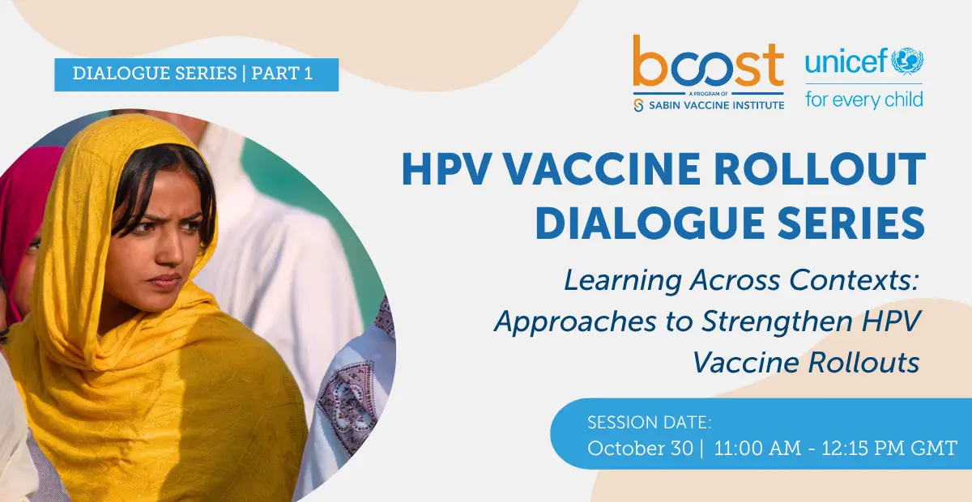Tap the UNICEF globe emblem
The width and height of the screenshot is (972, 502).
[x=907, y=61]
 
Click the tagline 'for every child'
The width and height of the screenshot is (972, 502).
[x=864, y=100]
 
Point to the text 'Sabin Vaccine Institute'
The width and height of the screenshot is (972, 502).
[x=716, y=105]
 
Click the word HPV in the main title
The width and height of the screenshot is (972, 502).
[x=446, y=168]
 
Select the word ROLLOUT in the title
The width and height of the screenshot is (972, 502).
[x=820, y=168]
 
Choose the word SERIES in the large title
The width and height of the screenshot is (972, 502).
[x=851, y=223]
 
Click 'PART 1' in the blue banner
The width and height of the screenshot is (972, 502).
[x=282, y=74]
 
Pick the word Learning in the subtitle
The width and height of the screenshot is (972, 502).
[x=623, y=280]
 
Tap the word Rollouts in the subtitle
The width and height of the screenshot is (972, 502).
[x=863, y=362]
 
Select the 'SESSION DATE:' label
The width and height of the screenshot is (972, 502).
[x=650, y=422]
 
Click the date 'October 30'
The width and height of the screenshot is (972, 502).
[x=640, y=449]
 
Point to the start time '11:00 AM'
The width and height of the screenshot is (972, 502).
[x=757, y=449]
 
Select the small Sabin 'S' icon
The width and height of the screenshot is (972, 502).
[x=638, y=105]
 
